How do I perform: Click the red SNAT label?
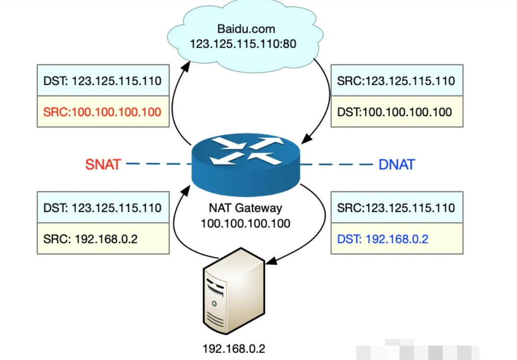tap(103, 164)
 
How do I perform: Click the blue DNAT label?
tap(397, 165)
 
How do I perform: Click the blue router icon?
tap(246, 163)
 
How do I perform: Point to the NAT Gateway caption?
tap(246, 209)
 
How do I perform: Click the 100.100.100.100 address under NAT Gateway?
tap(246, 223)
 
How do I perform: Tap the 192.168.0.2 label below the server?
tap(234, 348)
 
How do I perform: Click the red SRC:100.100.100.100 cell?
tap(103, 112)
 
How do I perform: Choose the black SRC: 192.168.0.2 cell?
tap(103, 239)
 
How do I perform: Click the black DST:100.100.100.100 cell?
tap(397, 112)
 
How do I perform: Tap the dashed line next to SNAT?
tap(156, 164)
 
